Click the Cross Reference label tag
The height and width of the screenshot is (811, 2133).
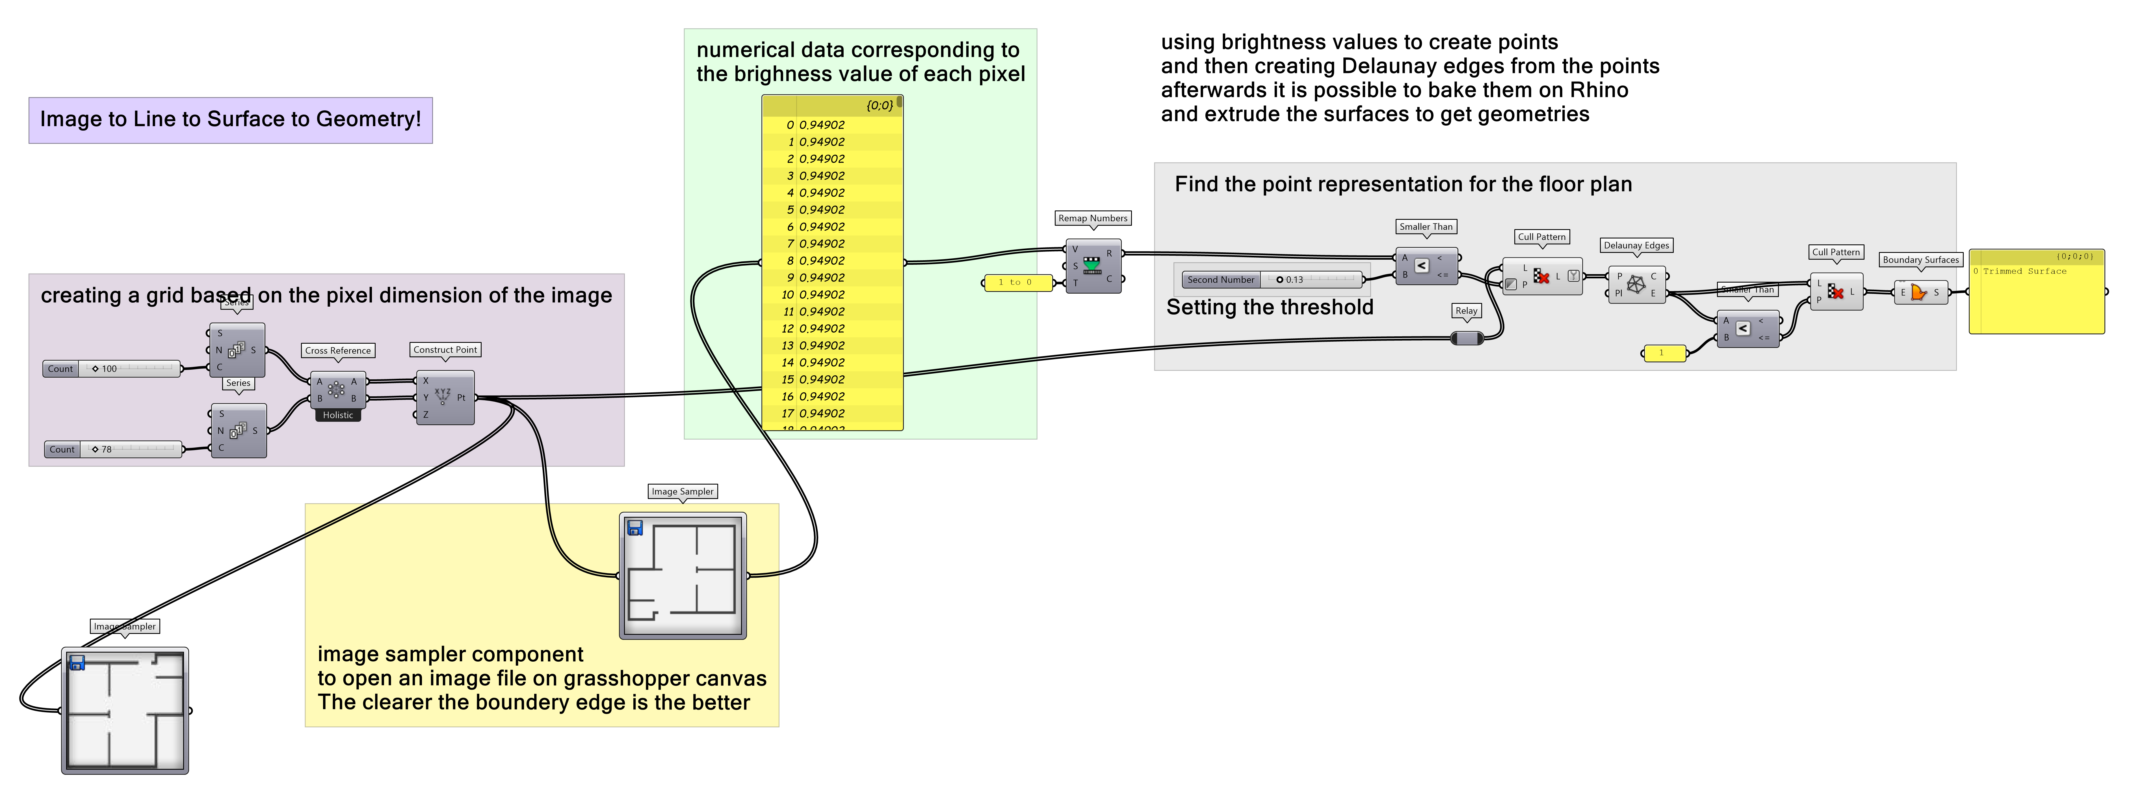(x=338, y=350)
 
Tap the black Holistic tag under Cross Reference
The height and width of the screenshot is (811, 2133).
(x=338, y=415)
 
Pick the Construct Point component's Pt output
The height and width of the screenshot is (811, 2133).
(x=461, y=398)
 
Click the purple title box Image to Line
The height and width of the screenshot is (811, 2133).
(x=230, y=119)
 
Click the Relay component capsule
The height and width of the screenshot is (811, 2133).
(x=1467, y=338)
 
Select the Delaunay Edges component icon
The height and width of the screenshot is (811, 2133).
(x=1636, y=285)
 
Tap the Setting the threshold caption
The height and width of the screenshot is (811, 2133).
(x=1269, y=307)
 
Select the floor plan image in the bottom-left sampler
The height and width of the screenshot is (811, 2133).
(x=125, y=711)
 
